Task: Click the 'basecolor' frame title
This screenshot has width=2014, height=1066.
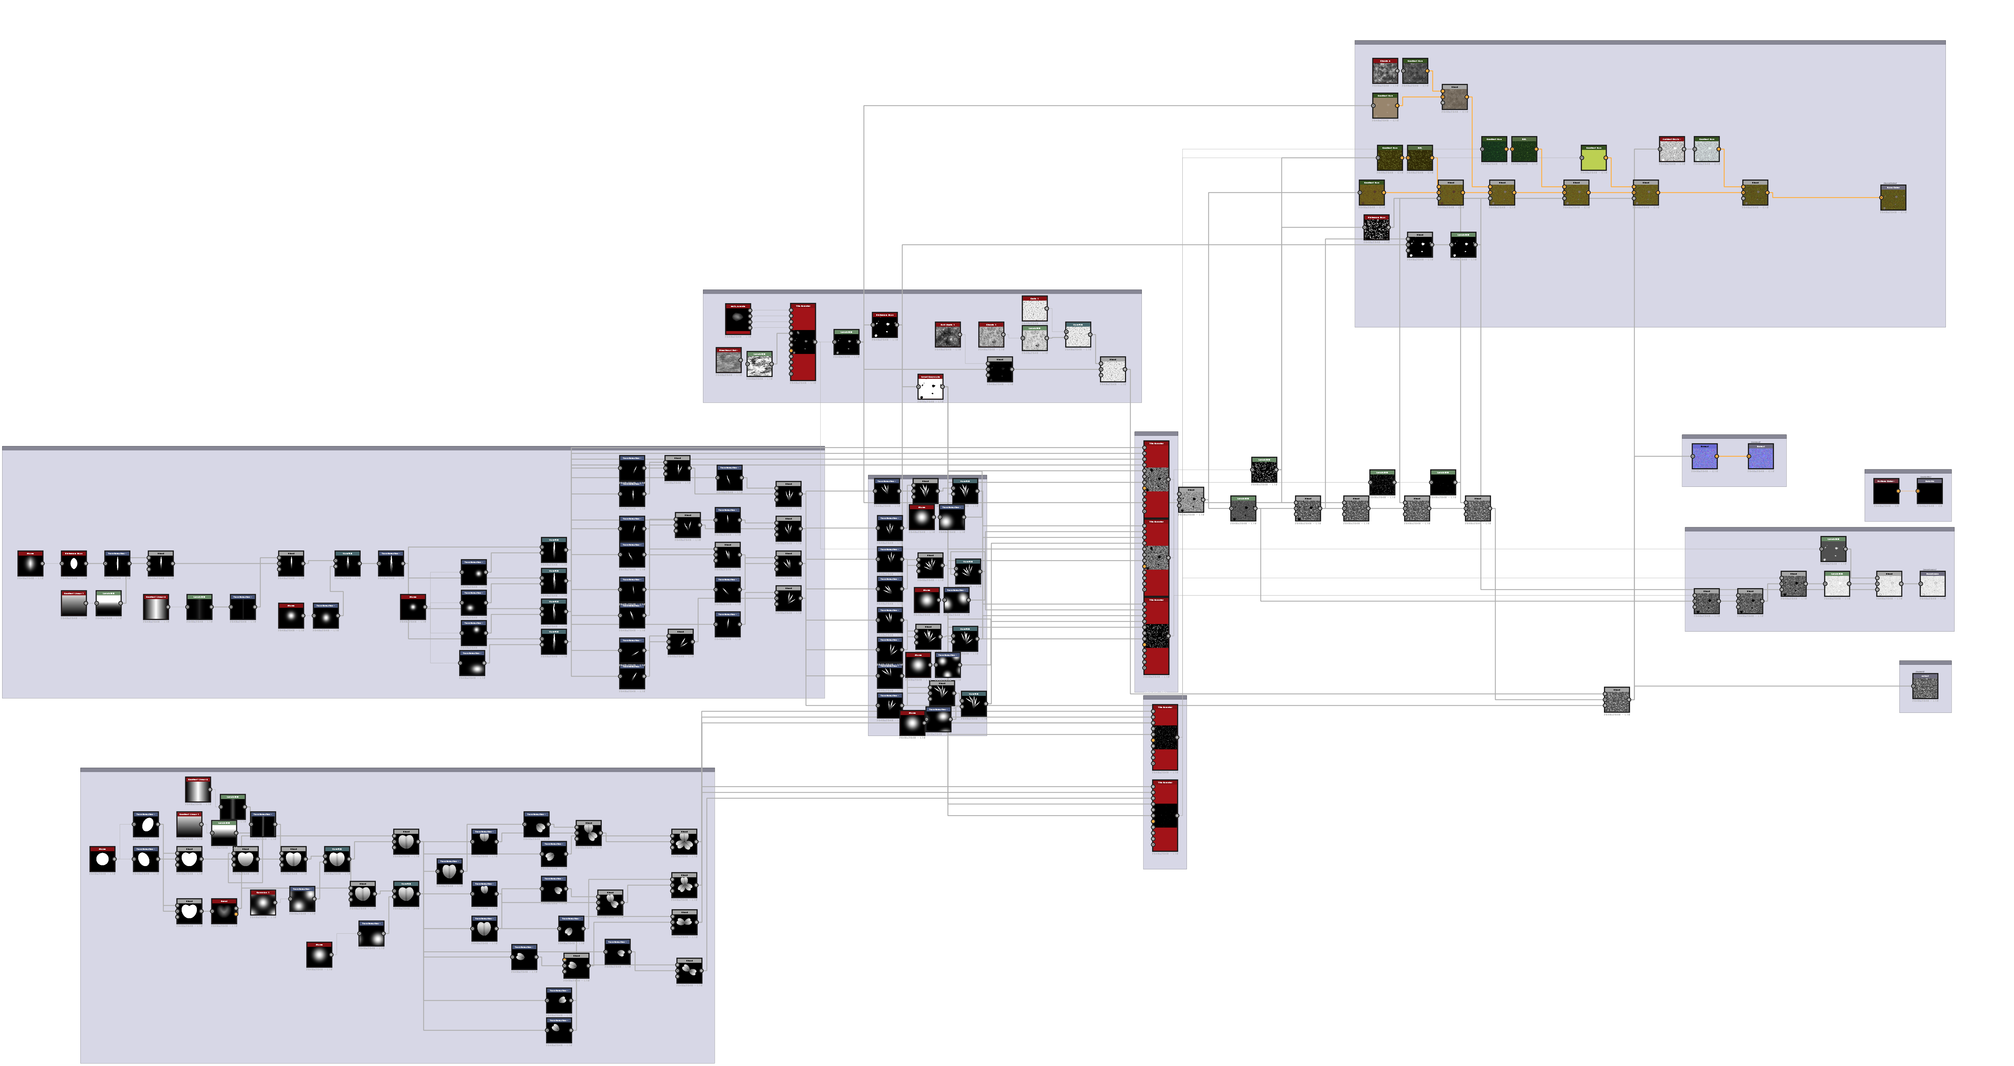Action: [x=1366, y=37]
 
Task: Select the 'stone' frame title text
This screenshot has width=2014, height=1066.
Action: [x=711, y=287]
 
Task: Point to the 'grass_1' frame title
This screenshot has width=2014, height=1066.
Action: [x=12, y=443]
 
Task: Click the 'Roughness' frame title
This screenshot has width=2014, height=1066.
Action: [x=1698, y=525]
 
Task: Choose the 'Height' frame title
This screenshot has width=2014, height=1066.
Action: [x=1906, y=658]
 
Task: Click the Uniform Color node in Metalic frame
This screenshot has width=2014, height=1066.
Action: [x=1886, y=493]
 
